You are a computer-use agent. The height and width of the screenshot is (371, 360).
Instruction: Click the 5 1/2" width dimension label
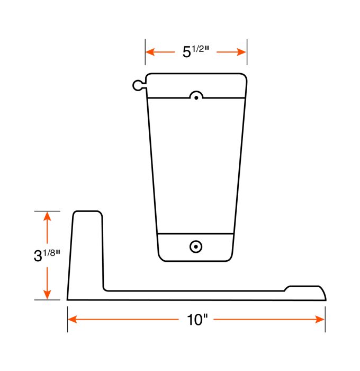coord(196,51)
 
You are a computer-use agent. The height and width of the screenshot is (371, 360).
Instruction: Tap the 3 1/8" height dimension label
coord(47,255)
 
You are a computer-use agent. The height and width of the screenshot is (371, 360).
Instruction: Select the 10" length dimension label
coord(196,320)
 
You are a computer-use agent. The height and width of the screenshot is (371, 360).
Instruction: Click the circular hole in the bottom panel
coord(196,246)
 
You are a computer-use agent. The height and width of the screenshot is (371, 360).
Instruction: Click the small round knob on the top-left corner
coord(137,85)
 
